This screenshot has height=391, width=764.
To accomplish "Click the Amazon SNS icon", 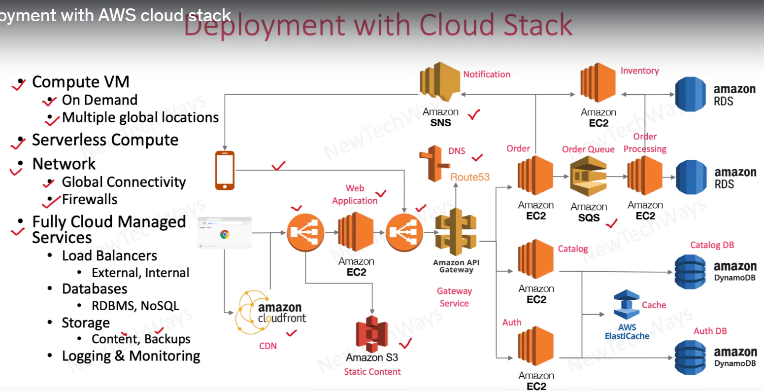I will (439, 82).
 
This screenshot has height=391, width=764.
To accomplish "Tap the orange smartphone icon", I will (225, 170).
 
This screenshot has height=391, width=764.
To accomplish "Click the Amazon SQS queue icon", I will (588, 176).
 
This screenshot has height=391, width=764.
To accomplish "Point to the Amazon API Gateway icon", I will (456, 232).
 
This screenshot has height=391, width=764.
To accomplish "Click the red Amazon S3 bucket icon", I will (372, 334).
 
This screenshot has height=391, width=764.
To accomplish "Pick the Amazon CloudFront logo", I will (271, 313).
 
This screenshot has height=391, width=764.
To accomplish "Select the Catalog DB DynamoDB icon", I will (690, 272).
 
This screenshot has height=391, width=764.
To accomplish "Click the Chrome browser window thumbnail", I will (224, 232).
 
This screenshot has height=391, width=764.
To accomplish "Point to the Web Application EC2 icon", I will (356, 232).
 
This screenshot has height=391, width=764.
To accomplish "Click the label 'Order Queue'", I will (588, 149).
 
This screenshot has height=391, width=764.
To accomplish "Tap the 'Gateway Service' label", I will (454, 297).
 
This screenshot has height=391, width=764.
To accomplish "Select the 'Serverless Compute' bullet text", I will (105, 140).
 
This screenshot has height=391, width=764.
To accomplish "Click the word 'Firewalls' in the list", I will (90, 200).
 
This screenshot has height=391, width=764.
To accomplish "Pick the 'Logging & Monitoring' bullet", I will (131, 356).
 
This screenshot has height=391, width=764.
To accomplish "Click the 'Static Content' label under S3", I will (372, 372).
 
